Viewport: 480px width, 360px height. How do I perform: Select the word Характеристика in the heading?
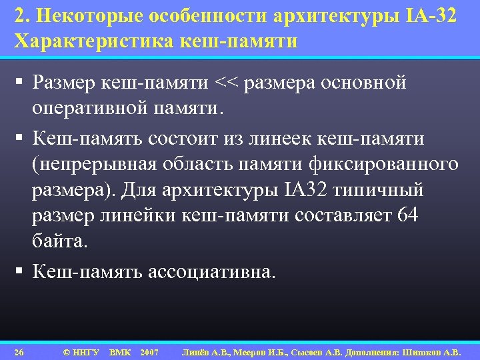pos(93,41)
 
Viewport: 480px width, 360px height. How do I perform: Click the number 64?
pos(406,216)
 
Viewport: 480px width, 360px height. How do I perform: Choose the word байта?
pos(59,241)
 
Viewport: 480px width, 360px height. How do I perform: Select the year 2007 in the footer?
pos(149,351)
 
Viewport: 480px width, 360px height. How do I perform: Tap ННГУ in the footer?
pos(85,351)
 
